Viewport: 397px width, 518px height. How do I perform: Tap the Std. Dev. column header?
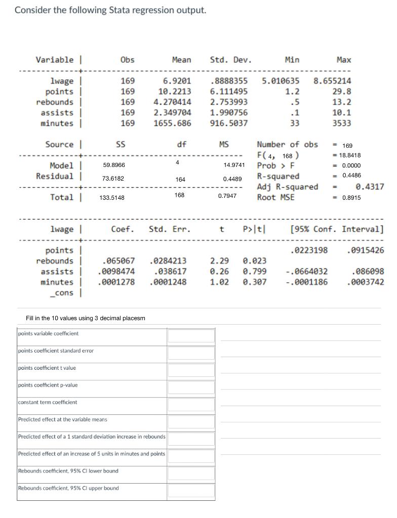[230, 60]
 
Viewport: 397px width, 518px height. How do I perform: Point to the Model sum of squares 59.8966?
[114, 165]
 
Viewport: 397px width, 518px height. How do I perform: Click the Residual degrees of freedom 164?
[180, 180]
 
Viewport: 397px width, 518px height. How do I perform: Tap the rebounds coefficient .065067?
[118, 261]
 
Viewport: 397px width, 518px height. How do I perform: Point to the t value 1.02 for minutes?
[219, 282]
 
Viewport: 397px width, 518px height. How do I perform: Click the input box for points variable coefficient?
[191, 335]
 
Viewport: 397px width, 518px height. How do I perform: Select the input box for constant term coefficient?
[191, 404]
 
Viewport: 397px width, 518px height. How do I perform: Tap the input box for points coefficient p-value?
[191, 387]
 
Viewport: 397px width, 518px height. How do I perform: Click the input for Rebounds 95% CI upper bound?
[191, 490]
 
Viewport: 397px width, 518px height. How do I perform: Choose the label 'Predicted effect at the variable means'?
[63, 419]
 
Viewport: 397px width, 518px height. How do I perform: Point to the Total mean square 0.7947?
[227, 195]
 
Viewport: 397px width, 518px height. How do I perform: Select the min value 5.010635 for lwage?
[281, 81]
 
